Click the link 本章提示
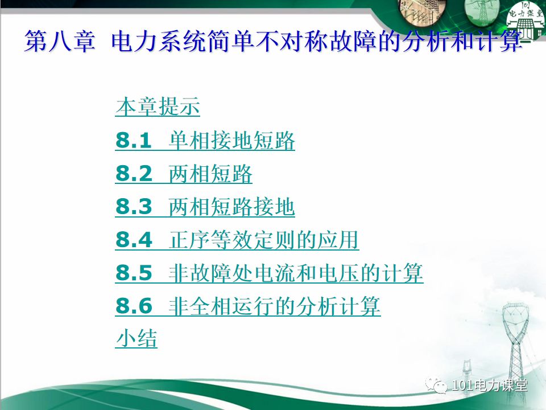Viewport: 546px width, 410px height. tap(158, 107)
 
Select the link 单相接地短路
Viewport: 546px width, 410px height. tap(232, 141)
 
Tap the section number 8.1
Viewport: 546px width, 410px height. tap(134, 141)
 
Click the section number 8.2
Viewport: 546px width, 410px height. tap(134, 174)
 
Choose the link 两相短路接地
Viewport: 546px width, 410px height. tap(232, 208)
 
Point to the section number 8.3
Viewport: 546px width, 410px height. tap(134, 208)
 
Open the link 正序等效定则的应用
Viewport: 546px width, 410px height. tap(264, 241)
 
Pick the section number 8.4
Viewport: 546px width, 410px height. tap(134, 241)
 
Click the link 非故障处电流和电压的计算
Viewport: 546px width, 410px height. tap(296, 274)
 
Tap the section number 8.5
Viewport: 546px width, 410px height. tap(134, 274)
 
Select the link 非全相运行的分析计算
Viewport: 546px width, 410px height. tap(275, 307)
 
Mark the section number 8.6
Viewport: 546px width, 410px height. tap(134, 307)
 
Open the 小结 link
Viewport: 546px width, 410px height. tap(136, 339)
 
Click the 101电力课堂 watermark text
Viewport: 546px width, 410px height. tap(490, 386)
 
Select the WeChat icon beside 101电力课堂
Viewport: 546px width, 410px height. tap(440, 386)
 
